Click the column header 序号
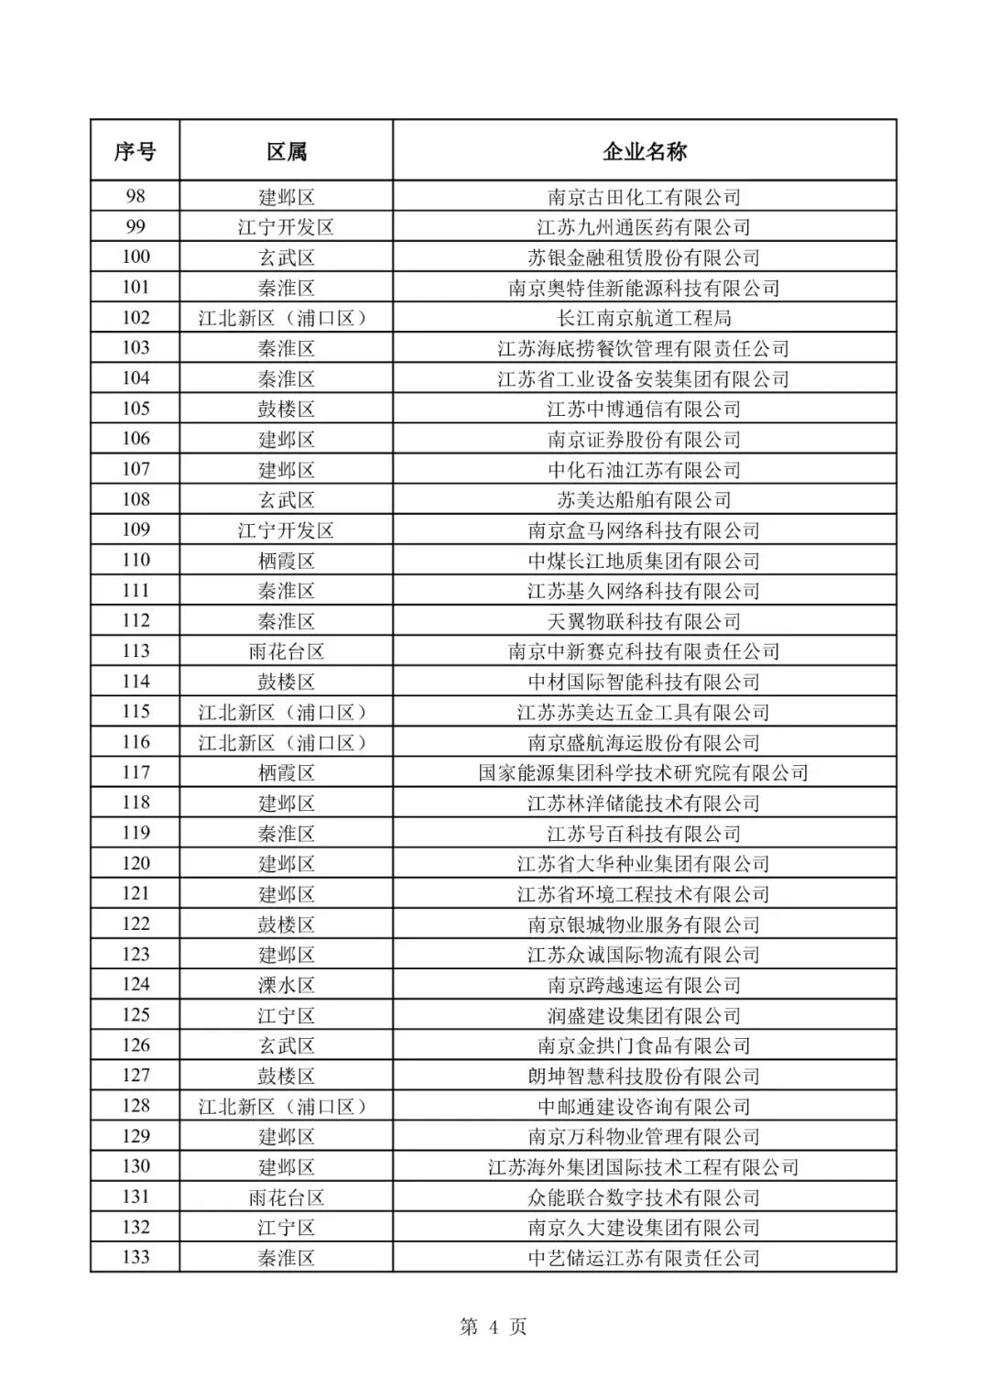pyautogui.click(x=135, y=151)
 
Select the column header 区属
pyautogui.click(x=287, y=151)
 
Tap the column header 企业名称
pyautogui.click(x=644, y=151)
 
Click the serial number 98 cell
pyautogui.click(x=135, y=196)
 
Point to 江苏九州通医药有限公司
pyautogui.click(x=644, y=227)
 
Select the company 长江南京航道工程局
pyautogui.click(x=644, y=318)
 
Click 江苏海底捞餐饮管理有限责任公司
pyautogui.click(x=644, y=348)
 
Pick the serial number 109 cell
pyautogui.click(x=135, y=530)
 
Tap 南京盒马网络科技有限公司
pyautogui.click(x=644, y=530)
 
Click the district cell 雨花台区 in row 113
pyautogui.click(x=287, y=651)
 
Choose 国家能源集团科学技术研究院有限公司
pyautogui.click(x=644, y=772)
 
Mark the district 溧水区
pyautogui.click(x=287, y=985)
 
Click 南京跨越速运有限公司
pyautogui.click(x=644, y=985)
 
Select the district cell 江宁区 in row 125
pyautogui.click(x=287, y=1015)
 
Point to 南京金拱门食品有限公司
pyautogui.click(x=644, y=1045)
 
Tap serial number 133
pyautogui.click(x=135, y=1257)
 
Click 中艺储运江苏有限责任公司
pyautogui.click(x=644, y=1258)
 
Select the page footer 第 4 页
pyautogui.click(x=494, y=1327)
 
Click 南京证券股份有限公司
pyautogui.click(x=644, y=440)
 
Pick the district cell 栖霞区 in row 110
pyautogui.click(x=287, y=561)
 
